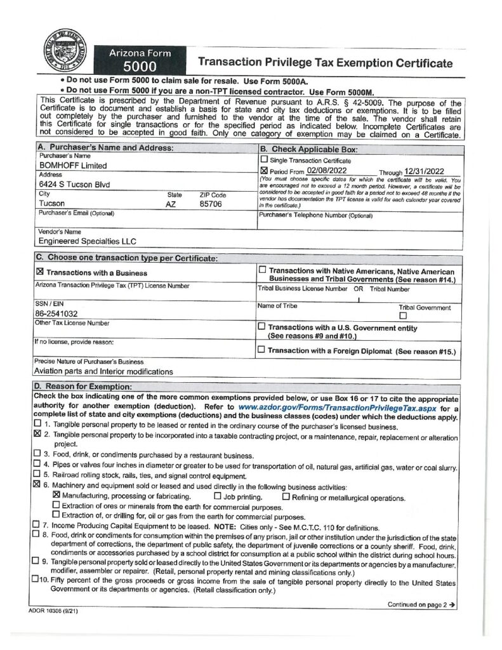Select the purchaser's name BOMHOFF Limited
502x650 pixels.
[73, 166]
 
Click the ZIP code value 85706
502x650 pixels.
[210, 204]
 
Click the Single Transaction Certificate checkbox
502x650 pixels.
[265, 160]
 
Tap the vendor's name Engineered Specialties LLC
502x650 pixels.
[88, 241]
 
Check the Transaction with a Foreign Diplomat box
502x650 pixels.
[262, 349]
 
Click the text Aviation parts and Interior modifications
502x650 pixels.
[105, 371]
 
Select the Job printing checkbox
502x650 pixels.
[218, 496]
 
